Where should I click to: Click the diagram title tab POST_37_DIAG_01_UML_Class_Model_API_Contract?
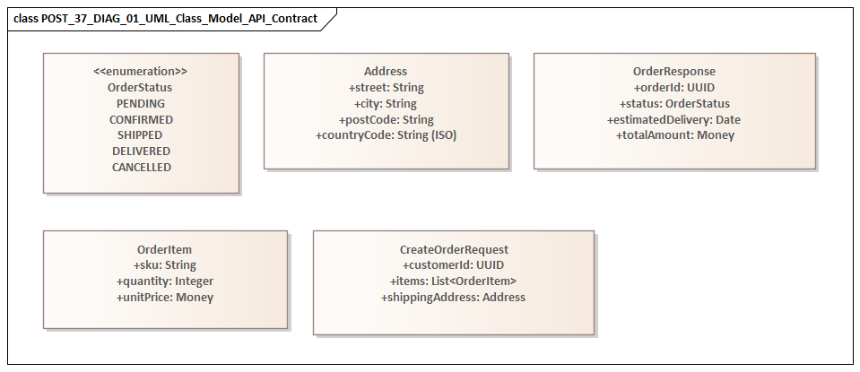[x=166, y=18]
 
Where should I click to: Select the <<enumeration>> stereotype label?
[x=141, y=72]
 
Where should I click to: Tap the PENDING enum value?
[x=141, y=104]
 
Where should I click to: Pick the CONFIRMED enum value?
[x=141, y=119]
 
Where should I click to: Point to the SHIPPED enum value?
[x=141, y=135]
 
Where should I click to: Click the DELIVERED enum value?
[x=141, y=151]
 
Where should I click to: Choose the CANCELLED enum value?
[x=141, y=168]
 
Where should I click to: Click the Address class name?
[x=386, y=72]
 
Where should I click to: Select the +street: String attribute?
[x=386, y=88]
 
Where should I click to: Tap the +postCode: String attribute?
[x=386, y=119]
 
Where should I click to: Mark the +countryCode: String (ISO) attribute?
[x=386, y=135]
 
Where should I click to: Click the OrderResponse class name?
[x=674, y=72]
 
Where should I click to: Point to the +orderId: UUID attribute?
[x=674, y=88]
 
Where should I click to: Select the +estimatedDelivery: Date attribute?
[x=674, y=119]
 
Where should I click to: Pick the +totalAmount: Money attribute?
[x=674, y=135]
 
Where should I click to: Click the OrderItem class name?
[x=165, y=249]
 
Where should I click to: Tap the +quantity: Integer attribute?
[x=165, y=281]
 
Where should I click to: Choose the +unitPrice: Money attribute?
[x=165, y=298]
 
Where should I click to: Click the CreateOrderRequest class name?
[x=454, y=249]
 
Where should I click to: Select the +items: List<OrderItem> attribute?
[x=454, y=281]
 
